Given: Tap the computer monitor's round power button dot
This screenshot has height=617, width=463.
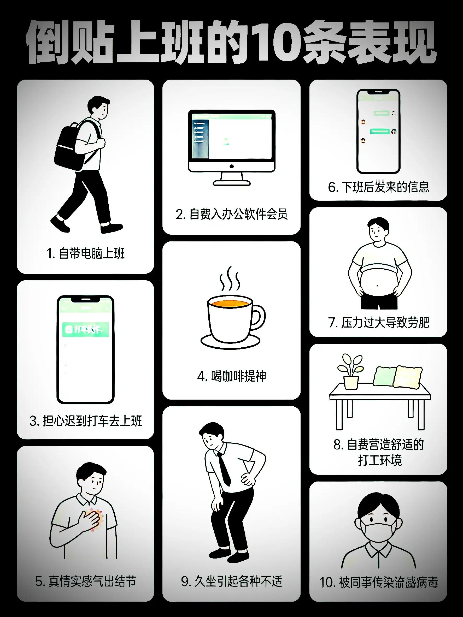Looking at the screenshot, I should [231, 167].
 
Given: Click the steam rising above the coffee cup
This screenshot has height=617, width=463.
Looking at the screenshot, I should [229, 279].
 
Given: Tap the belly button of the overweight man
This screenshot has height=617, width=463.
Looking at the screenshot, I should [377, 286].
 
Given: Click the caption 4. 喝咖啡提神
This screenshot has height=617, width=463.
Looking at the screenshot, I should [231, 377].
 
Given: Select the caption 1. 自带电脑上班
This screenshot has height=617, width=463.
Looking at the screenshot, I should [85, 253].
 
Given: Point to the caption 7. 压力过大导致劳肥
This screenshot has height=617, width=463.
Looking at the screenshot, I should [378, 323].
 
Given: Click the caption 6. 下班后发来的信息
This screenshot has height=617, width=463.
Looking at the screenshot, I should [378, 187].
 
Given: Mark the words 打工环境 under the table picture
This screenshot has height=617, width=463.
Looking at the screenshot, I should [379, 460].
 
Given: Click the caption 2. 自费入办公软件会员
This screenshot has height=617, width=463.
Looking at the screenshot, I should [231, 214].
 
